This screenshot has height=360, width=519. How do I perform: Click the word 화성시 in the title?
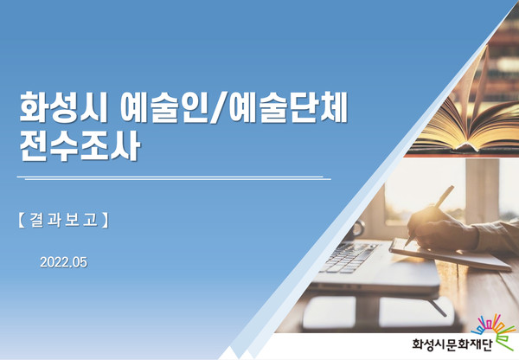(63, 106)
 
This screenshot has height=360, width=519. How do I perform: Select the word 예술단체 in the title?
(288, 106)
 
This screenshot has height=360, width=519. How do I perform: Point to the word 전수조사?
(80, 146)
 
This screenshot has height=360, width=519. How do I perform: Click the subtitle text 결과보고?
(63, 220)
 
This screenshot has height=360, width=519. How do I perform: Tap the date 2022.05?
(63, 262)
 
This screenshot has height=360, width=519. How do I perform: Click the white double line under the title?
(174, 178)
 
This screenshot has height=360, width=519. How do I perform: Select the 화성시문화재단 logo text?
(452, 344)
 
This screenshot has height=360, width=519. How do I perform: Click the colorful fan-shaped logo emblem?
(494, 331)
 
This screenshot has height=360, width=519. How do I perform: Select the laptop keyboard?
(349, 258)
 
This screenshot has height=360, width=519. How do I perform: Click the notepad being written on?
(450, 254)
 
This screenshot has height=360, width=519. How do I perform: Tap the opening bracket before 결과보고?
(21, 220)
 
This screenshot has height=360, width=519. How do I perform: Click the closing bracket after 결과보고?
(105, 220)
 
